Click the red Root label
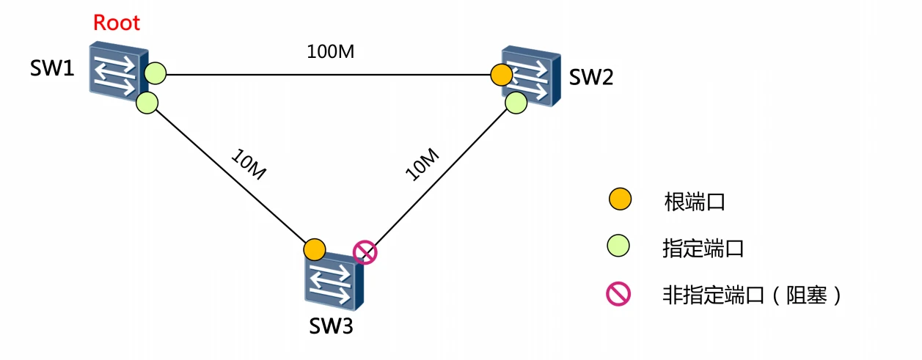coord(116,23)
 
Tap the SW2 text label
coord(591,77)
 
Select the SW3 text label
coord(330,326)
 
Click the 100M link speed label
coord(330,52)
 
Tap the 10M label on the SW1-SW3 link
coord(247,166)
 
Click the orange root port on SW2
coord(501,74)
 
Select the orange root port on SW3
coord(314,249)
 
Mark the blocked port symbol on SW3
coord(365,252)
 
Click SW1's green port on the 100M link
coord(156,73)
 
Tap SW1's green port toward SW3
coord(147,103)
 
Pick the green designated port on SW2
coord(516,103)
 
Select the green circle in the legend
coord(621,248)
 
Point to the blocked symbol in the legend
coord(620,295)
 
